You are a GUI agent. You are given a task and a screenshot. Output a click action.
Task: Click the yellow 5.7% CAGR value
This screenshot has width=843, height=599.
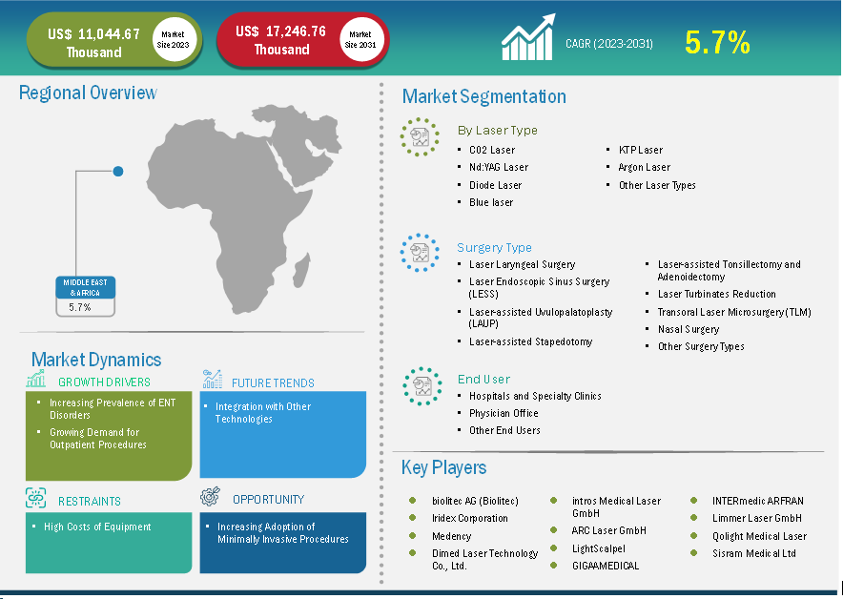(x=717, y=43)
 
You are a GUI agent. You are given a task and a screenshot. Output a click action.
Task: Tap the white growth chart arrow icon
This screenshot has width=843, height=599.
(x=528, y=37)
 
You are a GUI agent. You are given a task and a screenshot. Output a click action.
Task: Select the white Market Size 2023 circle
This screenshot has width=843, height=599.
(x=174, y=40)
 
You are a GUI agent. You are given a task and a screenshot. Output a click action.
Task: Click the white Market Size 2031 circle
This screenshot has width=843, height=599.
(x=360, y=40)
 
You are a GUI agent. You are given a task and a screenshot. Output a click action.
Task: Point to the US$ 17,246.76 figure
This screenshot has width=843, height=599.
(x=280, y=31)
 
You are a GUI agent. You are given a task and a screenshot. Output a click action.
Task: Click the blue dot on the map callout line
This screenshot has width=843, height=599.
(x=118, y=171)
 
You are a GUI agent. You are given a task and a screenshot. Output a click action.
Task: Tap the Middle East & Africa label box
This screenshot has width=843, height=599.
(x=86, y=288)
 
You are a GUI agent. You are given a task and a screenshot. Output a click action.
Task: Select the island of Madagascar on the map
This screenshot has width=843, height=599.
(x=300, y=271)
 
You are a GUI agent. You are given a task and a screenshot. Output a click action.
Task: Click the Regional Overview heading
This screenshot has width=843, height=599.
(x=88, y=93)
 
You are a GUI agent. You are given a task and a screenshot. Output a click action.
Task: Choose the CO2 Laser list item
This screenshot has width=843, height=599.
(x=492, y=150)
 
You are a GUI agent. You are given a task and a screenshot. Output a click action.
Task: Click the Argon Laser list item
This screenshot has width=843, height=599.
(x=644, y=167)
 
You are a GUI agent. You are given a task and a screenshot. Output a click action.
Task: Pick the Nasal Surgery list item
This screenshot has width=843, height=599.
(x=689, y=329)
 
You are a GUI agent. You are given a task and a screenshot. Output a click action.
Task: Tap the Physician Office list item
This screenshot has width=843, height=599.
(x=504, y=413)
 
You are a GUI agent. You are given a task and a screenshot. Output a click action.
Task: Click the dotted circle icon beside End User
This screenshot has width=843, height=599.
(x=422, y=386)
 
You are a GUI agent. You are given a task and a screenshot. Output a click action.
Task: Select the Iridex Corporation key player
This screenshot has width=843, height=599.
(x=470, y=518)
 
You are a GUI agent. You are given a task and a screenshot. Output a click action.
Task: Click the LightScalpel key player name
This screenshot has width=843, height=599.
(x=598, y=548)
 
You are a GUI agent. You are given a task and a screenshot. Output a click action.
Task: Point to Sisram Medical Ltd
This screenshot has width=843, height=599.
(x=753, y=553)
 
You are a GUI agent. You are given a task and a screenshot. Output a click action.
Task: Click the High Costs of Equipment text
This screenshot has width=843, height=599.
(x=97, y=527)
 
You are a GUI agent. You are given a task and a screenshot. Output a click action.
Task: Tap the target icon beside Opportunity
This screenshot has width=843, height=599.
(x=210, y=497)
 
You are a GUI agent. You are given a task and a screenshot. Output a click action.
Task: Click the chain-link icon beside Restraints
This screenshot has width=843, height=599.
(x=36, y=498)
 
